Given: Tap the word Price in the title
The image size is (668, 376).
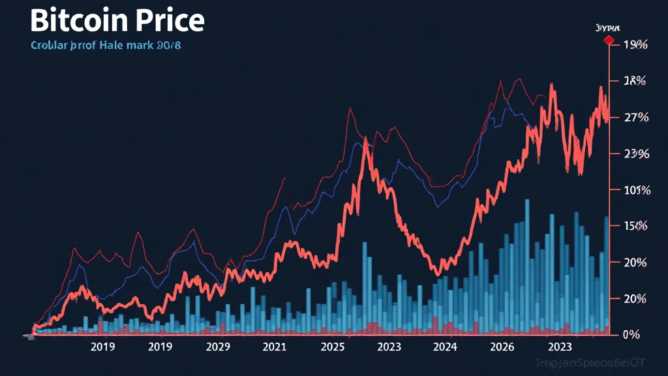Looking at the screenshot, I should click(168, 21).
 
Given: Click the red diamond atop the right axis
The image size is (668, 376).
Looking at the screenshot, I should click(609, 41).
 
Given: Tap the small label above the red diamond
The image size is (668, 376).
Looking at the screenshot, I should click(607, 28).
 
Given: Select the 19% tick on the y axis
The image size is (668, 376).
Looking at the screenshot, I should click(635, 45).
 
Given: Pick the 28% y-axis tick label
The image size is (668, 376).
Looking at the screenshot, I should click(635, 82).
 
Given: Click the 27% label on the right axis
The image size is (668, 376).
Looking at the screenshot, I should click(635, 117).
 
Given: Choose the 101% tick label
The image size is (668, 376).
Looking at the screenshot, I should click(636, 191).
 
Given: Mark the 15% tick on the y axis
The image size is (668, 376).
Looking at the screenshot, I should click(635, 227).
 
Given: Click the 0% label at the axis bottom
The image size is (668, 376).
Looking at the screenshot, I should click(631, 335).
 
